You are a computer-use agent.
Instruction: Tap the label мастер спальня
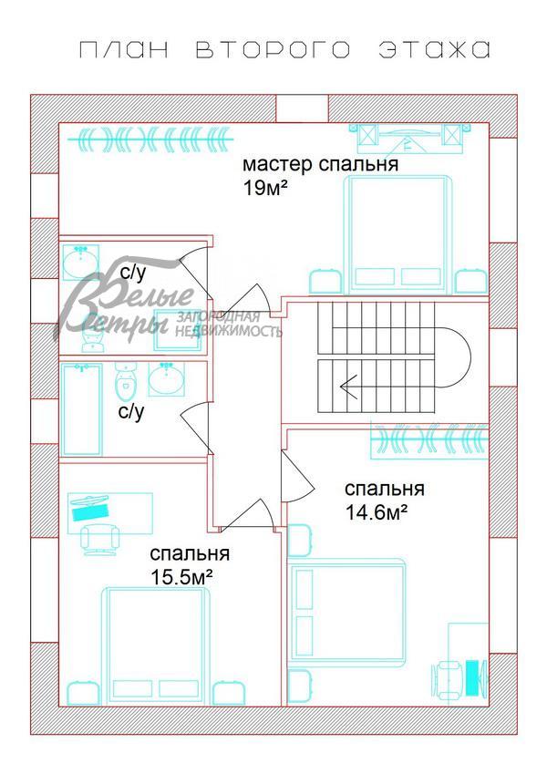(x=320, y=165)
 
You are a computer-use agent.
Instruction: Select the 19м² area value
(x=264, y=189)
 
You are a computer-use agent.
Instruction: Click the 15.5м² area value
(x=181, y=576)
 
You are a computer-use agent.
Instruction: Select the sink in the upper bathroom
(x=80, y=263)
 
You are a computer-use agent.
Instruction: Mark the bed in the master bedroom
(x=398, y=232)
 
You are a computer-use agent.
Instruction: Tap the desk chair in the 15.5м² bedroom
(x=99, y=538)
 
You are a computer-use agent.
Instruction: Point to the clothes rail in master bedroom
(x=154, y=139)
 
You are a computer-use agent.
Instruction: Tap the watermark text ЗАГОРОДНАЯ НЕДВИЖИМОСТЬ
(x=229, y=325)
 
